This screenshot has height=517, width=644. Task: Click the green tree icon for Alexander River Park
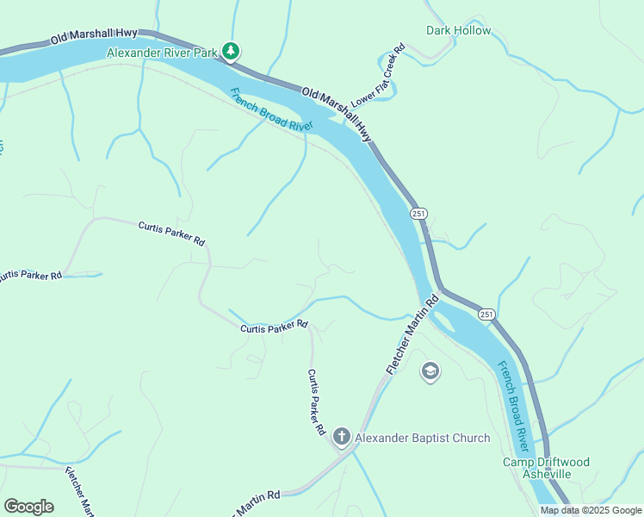tap(231, 52)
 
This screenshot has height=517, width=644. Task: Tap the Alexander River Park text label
tap(163, 53)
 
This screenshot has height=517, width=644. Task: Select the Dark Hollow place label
tap(459, 31)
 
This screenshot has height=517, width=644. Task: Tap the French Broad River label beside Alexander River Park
tap(271, 109)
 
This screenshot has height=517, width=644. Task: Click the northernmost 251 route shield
tap(418, 214)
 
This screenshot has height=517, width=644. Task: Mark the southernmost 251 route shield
tap(486, 315)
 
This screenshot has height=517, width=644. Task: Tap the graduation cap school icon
tap(430, 371)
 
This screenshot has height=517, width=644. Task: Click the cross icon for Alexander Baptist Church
tap(341, 438)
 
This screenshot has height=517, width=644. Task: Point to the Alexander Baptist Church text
tap(423, 438)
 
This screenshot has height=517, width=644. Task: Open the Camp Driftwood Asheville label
tap(547, 468)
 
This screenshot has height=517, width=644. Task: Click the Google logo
tap(28, 506)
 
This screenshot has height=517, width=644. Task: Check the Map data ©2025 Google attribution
tap(590, 510)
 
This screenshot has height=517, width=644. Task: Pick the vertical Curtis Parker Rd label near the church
tap(316, 402)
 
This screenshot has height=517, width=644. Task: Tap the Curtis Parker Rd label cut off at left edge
tap(31, 276)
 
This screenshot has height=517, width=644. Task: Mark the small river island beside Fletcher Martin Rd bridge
tap(444, 321)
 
